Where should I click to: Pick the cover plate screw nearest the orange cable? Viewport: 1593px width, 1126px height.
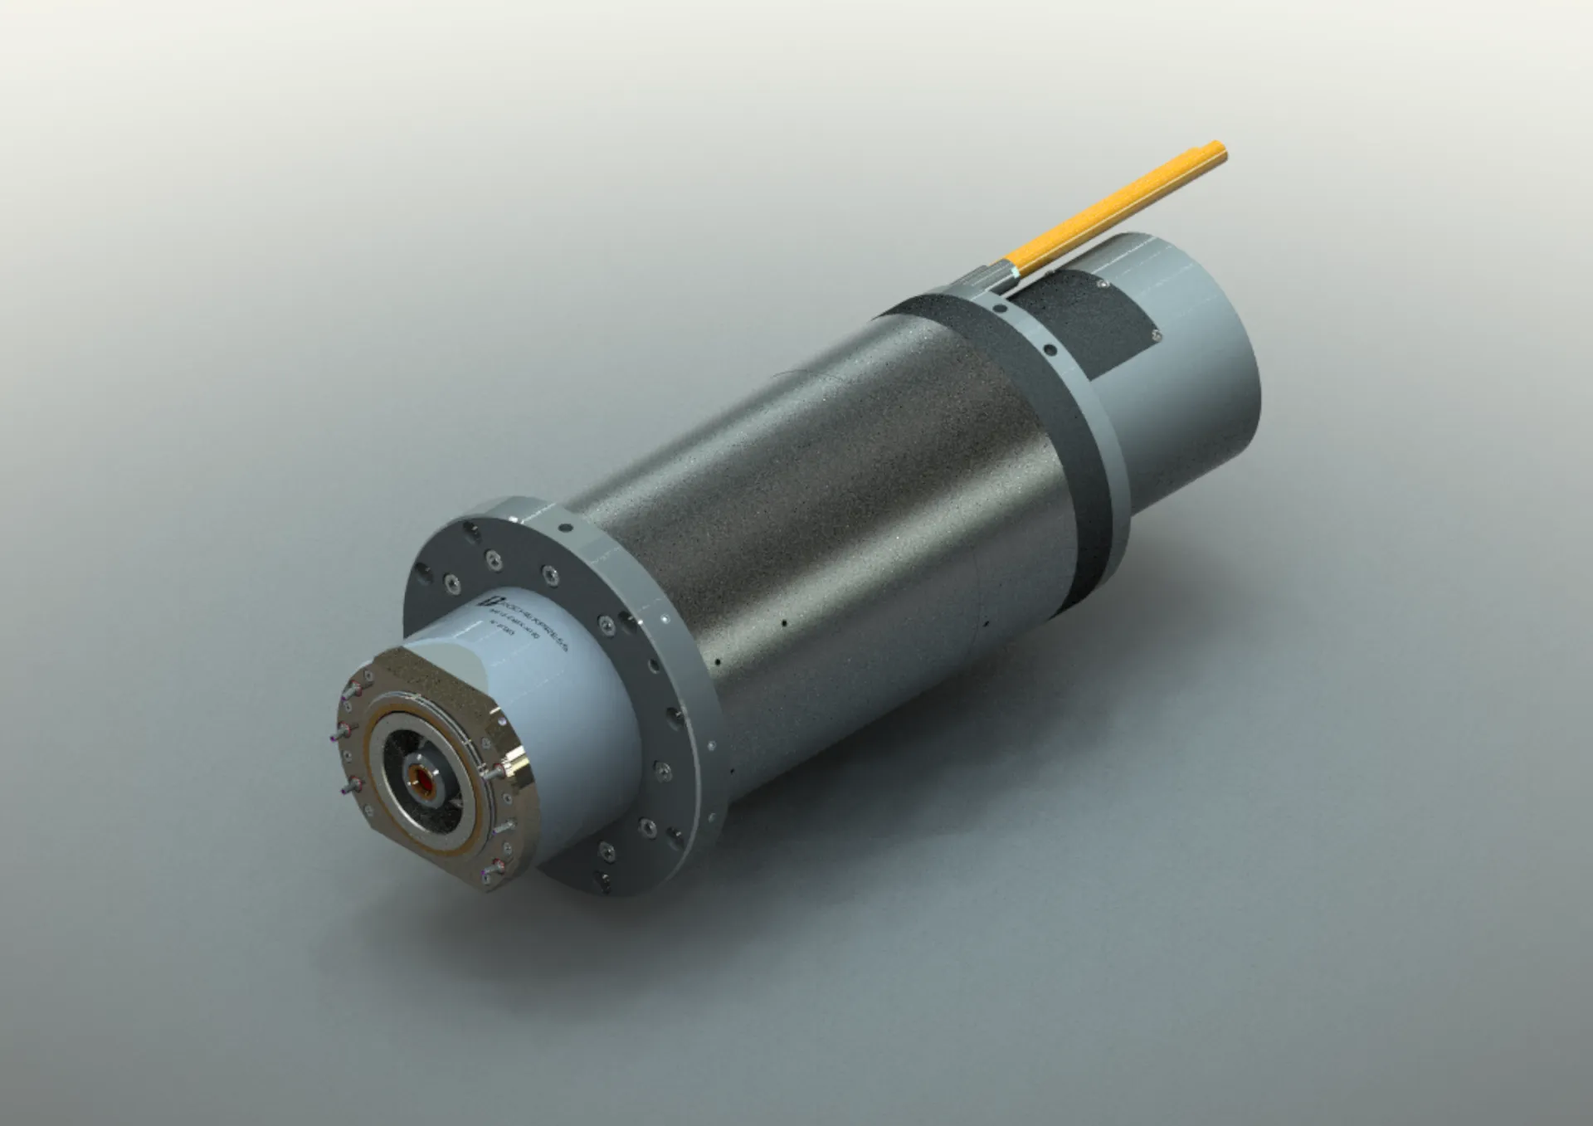pos(1102,285)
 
